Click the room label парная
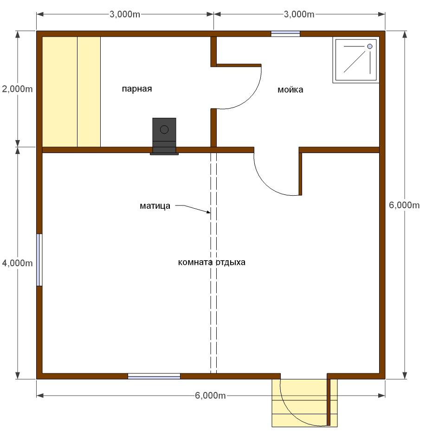point(137,89)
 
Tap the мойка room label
point(290,90)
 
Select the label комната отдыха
point(212,262)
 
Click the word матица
point(155,206)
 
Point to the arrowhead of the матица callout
point(209,212)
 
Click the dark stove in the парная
point(164,136)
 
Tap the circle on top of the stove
point(164,129)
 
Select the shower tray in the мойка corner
point(356,60)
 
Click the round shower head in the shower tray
point(369,46)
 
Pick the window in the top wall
point(285,34)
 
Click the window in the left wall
point(39,260)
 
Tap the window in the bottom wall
point(154,376)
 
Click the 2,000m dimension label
point(17,89)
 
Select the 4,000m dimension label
point(17,263)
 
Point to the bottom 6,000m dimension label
point(210,395)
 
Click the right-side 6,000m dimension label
point(404,205)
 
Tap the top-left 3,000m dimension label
point(125,14)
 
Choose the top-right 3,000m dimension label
point(299,14)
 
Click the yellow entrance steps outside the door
point(304,403)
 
